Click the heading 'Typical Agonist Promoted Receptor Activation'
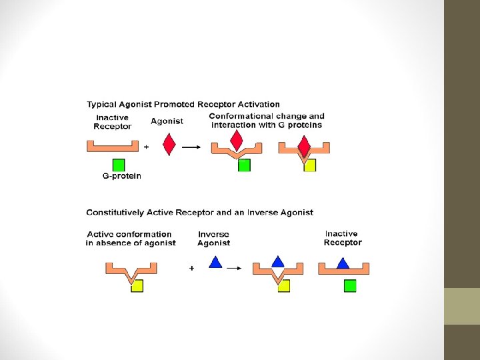tap(183, 105)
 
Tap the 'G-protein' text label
tap(122, 177)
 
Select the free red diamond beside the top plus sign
tap(169, 144)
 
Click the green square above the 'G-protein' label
tap(119, 165)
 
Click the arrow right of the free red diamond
tap(191, 147)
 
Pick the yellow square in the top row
tap(309, 165)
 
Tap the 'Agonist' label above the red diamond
tap(167, 121)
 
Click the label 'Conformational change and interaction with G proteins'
tap(267, 121)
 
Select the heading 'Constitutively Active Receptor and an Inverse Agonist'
tap(199, 213)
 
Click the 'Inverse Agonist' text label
tap(213, 239)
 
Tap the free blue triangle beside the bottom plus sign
tap(215, 263)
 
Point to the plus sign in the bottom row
tap(192, 268)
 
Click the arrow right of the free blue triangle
tap(234, 268)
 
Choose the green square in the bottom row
tap(350, 286)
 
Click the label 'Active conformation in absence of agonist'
tap(131, 239)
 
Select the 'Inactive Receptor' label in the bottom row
tap(342, 238)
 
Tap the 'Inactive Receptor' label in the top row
tap(112, 122)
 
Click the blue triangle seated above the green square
tap(343, 263)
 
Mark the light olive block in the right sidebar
tap(462, 306)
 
